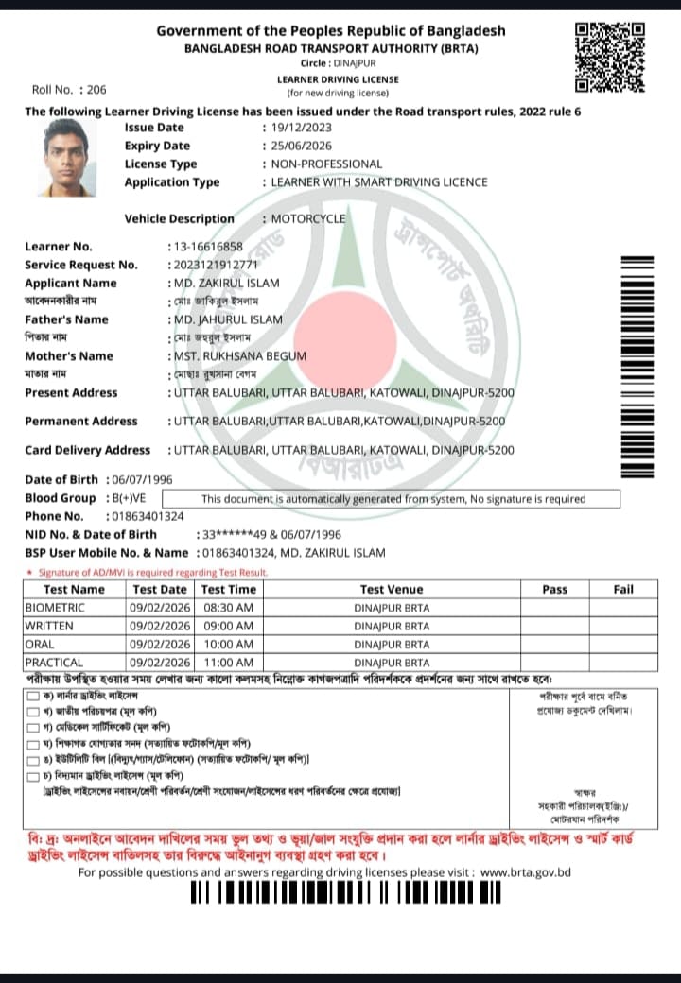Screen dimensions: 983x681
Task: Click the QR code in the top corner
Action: click(610, 58)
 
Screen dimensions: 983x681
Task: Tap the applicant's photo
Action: click(66, 157)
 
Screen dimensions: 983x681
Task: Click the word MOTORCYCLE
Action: click(308, 219)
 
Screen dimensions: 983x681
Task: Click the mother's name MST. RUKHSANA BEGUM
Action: click(238, 356)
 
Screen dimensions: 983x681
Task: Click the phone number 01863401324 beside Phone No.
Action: click(147, 516)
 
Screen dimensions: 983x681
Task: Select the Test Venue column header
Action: click(392, 589)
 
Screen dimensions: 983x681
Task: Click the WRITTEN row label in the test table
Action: click(48, 626)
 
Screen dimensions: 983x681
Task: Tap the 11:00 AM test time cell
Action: click(228, 663)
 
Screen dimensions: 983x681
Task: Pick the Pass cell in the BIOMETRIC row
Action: click(554, 608)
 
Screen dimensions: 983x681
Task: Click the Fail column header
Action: click(623, 589)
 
